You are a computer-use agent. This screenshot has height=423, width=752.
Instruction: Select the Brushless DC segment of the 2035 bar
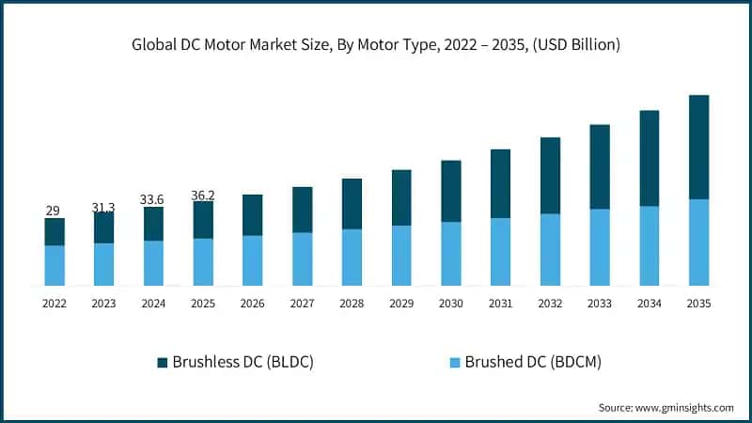click(x=698, y=147)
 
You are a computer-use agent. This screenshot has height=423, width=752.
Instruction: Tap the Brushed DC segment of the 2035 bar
click(x=698, y=242)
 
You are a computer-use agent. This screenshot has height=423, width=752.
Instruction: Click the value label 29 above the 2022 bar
click(x=54, y=210)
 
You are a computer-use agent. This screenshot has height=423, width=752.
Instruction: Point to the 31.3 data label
click(x=103, y=207)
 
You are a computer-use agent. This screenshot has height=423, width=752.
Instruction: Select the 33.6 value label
click(x=153, y=200)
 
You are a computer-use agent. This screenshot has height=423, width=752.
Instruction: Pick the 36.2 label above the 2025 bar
click(x=203, y=196)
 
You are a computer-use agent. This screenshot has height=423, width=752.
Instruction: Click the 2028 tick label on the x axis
click(x=352, y=304)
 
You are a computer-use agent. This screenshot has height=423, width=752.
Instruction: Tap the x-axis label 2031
click(x=500, y=304)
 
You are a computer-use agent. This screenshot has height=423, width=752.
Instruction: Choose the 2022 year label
click(x=54, y=304)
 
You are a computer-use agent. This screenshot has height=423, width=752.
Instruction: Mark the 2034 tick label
click(x=649, y=304)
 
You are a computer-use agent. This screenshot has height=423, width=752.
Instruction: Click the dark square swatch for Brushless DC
click(x=163, y=362)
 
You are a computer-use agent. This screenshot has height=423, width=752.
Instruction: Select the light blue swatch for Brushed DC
click(x=455, y=362)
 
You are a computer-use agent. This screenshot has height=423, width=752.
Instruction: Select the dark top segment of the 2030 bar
click(x=450, y=191)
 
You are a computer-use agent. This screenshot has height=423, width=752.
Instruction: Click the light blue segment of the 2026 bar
click(x=252, y=260)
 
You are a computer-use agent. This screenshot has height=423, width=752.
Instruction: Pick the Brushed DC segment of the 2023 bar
click(x=103, y=264)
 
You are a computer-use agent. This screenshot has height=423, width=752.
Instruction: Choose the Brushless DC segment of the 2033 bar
click(x=599, y=166)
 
